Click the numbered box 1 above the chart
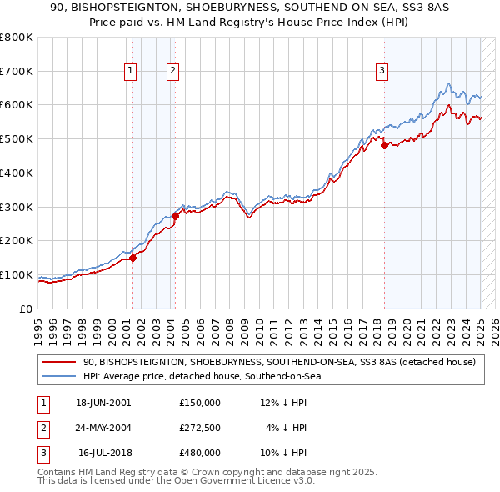[x=131, y=72]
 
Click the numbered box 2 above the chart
[x=172, y=72]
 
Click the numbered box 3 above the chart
[x=382, y=72]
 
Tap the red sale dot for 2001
[x=133, y=258]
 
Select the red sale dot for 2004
[x=176, y=216]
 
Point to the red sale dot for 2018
[x=384, y=145]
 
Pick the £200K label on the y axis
[x=17, y=241]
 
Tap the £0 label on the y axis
[x=26, y=309]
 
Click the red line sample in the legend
[x=59, y=362]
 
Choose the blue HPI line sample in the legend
[x=59, y=376]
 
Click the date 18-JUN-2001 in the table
[x=102, y=403]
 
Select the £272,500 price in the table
[x=199, y=428]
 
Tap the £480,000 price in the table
[x=199, y=453]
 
